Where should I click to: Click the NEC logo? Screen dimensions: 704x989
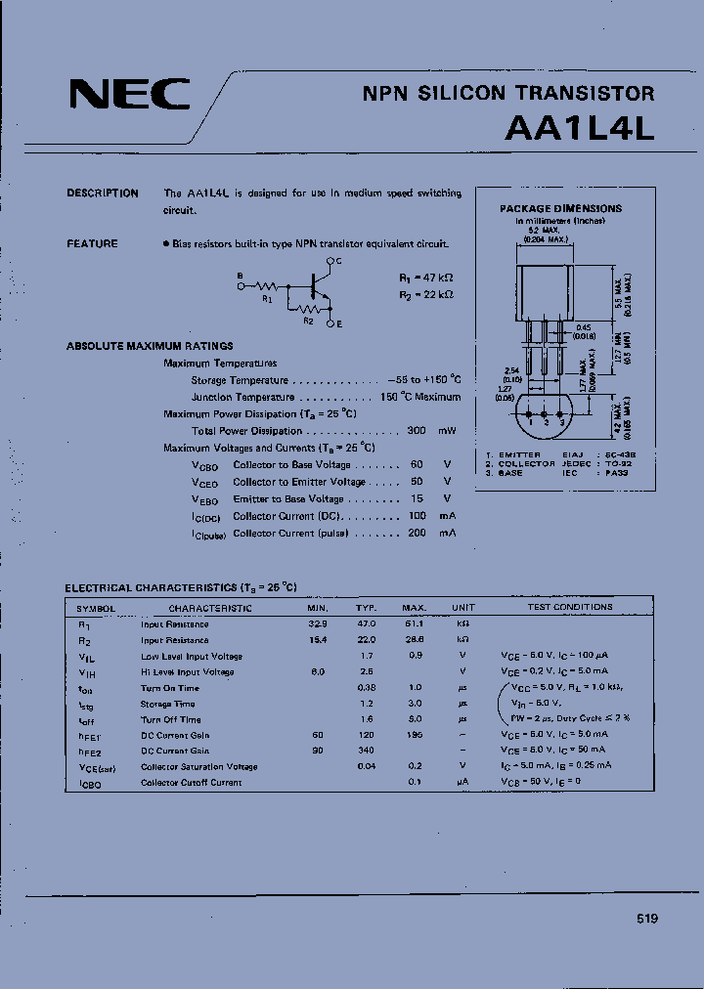click(x=130, y=95)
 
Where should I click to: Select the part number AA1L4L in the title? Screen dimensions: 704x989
click(x=579, y=129)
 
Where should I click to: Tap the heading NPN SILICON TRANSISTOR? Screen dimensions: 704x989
click(x=508, y=94)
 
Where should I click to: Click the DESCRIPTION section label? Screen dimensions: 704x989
click(x=103, y=193)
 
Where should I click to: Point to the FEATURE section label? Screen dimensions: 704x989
click(x=92, y=243)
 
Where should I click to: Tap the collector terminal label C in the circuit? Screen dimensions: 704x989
click(x=338, y=262)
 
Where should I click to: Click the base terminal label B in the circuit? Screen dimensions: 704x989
click(x=240, y=277)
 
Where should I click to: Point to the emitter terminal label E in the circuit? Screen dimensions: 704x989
click(x=338, y=322)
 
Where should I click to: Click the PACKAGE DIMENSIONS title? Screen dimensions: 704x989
click(x=560, y=208)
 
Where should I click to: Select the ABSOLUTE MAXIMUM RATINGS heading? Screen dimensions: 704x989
click(x=150, y=346)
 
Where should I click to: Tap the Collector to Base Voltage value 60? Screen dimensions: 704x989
click(x=417, y=465)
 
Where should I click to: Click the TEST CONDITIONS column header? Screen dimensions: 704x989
click(x=570, y=607)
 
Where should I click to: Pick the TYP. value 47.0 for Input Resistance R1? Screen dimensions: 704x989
click(x=366, y=623)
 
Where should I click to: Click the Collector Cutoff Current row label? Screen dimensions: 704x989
click(x=191, y=783)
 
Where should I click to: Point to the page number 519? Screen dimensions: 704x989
click(x=646, y=919)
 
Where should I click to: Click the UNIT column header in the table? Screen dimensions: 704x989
click(x=462, y=607)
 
